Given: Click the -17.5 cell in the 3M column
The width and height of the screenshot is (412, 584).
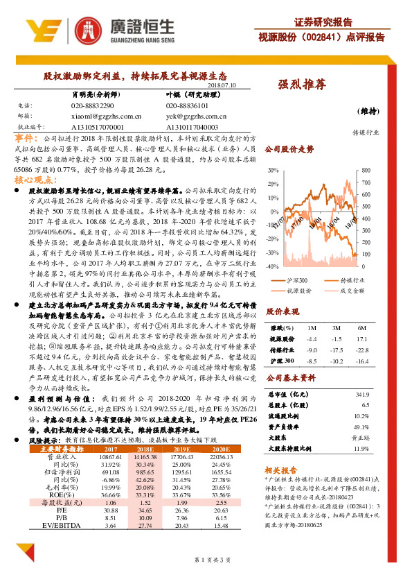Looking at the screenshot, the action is [337, 330].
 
